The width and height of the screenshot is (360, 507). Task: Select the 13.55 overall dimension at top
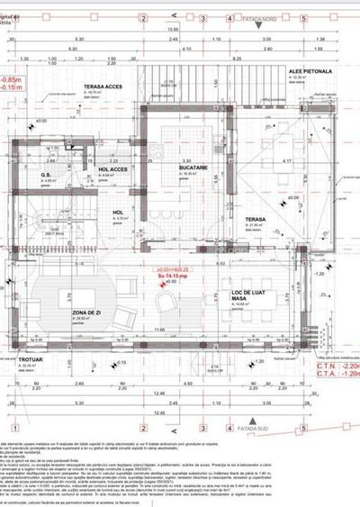click(171, 29)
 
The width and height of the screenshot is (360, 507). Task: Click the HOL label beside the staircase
click(117, 213)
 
